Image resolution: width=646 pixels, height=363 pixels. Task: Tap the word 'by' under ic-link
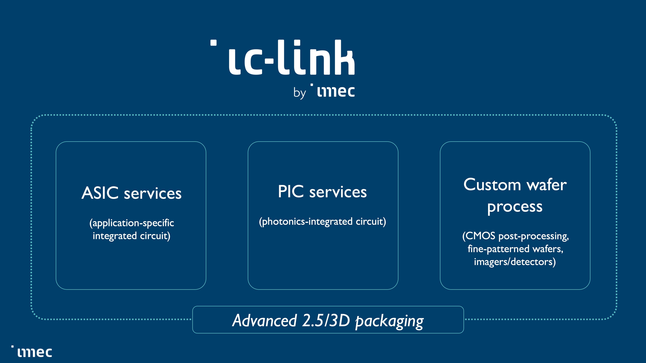299,93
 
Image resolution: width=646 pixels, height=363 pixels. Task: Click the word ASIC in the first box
100,193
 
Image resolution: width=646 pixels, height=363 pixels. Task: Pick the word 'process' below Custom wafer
515,207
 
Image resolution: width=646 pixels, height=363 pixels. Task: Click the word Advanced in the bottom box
265,320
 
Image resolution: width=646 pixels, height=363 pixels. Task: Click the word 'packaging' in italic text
389,321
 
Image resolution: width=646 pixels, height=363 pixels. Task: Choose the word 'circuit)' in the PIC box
371,221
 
